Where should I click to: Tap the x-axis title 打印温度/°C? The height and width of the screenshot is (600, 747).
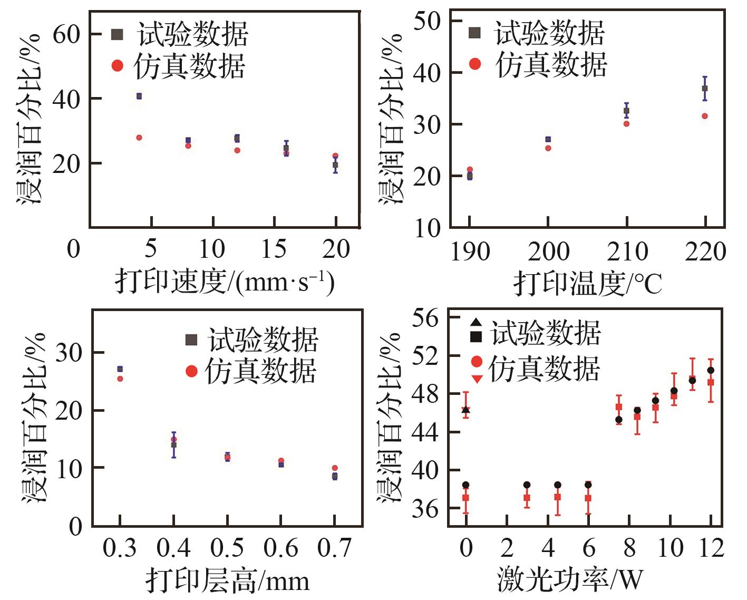point(588,283)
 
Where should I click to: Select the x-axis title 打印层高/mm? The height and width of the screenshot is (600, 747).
point(227,580)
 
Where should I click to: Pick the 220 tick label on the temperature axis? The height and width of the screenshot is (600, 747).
point(705,252)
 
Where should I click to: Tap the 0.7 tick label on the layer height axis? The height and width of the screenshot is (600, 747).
point(334,548)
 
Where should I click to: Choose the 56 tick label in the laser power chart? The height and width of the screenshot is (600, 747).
point(425,318)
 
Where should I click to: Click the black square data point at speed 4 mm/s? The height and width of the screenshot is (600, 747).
point(139,96)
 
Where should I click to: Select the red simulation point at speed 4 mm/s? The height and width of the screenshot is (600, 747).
point(139,138)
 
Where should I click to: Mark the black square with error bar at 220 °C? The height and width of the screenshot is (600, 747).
point(705,89)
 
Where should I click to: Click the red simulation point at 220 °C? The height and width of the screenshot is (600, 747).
point(705,116)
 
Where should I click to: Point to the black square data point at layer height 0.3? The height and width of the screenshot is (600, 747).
point(120,369)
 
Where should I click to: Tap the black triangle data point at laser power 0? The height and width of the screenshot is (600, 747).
point(465,409)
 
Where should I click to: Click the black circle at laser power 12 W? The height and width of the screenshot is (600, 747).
point(711,370)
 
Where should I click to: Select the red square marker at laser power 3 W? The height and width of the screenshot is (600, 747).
point(527,498)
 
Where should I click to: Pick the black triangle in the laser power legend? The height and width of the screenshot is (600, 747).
point(476,322)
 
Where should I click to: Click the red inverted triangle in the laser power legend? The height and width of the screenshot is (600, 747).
point(477,379)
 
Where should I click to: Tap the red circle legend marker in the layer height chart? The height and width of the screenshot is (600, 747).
point(191,372)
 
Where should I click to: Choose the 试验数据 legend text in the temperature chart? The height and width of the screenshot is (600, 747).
point(549,34)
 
